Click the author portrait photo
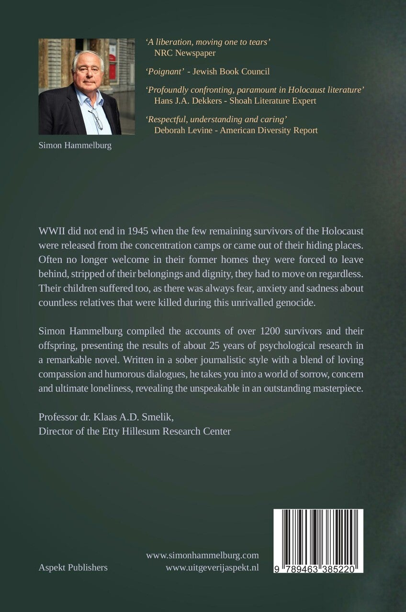point(80,87)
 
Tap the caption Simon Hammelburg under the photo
point(75,146)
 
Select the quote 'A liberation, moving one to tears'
point(208,43)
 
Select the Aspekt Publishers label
point(73,568)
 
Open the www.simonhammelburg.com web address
point(203,555)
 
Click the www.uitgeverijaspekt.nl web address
point(212,568)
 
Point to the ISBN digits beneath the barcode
point(318,568)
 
